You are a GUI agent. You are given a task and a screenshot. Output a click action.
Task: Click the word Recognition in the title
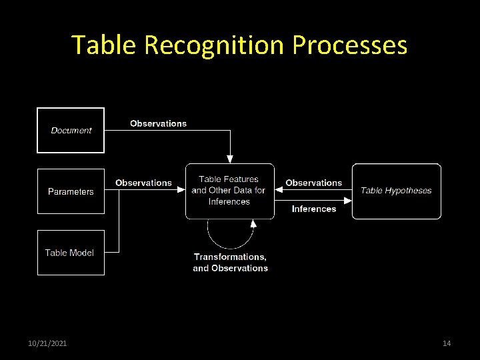click(x=215, y=45)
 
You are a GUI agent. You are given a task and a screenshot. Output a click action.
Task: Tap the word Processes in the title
click(x=349, y=45)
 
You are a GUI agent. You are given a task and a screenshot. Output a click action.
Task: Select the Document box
click(x=71, y=130)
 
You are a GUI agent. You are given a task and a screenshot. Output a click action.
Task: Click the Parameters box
click(x=71, y=191)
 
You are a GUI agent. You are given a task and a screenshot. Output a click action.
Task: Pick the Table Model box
click(x=71, y=253)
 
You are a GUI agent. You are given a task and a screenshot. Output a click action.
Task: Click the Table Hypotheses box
click(x=396, y=191)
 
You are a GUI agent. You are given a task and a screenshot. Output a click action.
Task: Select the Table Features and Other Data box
click(x=229, y=191)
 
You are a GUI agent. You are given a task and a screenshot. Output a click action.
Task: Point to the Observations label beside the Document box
click(x=159, y=123)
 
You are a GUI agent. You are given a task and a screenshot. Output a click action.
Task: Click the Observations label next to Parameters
click(x=143, y=183)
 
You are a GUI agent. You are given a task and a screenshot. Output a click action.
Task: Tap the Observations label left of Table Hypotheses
click(x=313, y=183)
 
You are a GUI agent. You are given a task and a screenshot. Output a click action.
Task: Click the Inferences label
click(x=313, y=209)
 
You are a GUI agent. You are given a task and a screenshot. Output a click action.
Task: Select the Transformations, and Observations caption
click(x=230, y=262)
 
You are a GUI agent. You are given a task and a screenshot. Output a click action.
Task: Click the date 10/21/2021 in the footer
click(x=47, y=343)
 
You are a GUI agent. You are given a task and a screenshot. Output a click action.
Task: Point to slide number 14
click(x=447, y=343)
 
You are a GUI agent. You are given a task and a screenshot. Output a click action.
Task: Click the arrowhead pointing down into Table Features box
click(x=230, y=159)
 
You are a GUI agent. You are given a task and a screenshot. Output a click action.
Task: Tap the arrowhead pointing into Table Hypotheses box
click(x=348, y=190)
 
